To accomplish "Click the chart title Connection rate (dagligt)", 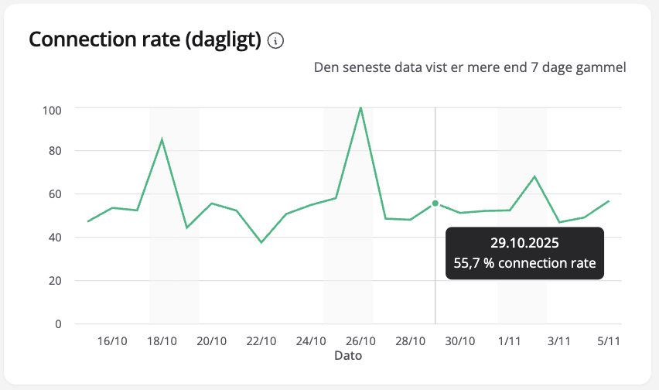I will (x=145, y=40).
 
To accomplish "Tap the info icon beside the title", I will (x=275, y=41).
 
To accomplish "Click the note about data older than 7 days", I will (x=469, y=67).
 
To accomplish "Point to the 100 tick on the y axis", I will (x=52, y=109).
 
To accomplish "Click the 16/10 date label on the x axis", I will (x=112, y=341).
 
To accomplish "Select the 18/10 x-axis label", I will (x=162, y=341).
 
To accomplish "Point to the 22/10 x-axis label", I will (x=261, y=341).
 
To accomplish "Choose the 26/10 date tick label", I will (x=360, y=341).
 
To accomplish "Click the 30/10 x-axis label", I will (x=459, y=341).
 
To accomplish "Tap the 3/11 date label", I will (x=559, y=341).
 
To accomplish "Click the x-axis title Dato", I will (x=348, y=356).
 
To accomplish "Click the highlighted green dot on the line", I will (x=435, y=204).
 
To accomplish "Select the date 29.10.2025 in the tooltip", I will (x=524, y=243).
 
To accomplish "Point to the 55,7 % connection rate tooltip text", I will (x=524, y=263).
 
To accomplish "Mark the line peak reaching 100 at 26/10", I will (x=360, y=108).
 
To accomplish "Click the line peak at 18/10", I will (x=162, y=139).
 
